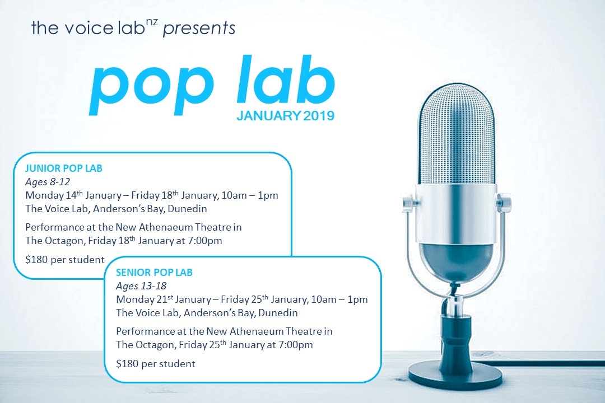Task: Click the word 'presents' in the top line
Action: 198,28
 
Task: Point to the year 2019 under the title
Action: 319,116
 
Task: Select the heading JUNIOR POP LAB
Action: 64,168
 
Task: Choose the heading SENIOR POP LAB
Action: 154,273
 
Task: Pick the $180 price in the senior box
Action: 127,364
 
